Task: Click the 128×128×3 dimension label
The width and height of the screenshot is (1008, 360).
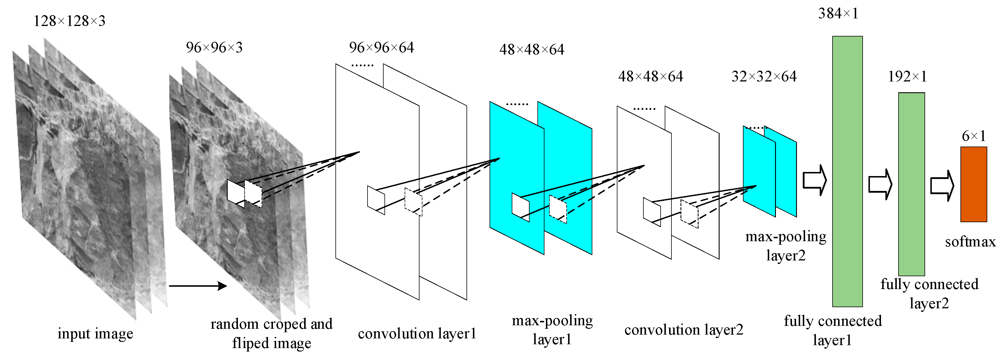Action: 69,21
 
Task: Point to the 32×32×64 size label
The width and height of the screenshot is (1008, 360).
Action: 764,76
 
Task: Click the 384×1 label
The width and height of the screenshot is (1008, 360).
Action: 838,14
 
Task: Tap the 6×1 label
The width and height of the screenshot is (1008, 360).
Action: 974,136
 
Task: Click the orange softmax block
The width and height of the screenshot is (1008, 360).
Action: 974,184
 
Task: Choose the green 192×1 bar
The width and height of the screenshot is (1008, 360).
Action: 911,184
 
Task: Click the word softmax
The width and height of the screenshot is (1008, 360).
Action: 970,242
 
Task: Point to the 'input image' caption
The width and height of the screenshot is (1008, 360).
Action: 95,334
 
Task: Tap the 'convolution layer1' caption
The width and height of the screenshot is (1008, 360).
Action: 417,334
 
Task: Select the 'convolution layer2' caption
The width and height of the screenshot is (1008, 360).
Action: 684,330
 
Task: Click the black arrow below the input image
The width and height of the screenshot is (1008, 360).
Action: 198,286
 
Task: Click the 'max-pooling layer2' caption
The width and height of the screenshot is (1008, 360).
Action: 786,246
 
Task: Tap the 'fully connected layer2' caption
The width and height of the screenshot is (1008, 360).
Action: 929,293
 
